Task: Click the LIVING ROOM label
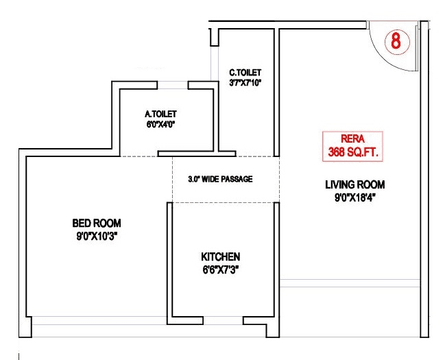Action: tap(354, 184)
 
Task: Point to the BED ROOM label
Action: tap(97, 223)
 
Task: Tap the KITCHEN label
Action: tap(220, 256)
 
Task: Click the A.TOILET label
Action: tap(161, 113)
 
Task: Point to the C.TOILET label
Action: tap(245, 72)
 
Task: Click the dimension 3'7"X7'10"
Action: tap(245, 83)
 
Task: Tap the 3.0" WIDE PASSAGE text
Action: tap(220, 179)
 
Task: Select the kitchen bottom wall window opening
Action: tap(224, 320)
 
